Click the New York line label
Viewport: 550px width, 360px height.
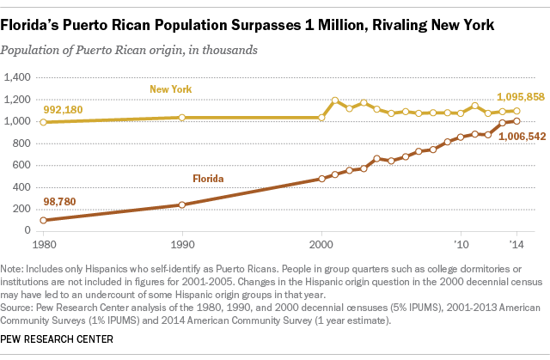click(x=169, y=89)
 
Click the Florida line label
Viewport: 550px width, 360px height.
click(x=208, y=180)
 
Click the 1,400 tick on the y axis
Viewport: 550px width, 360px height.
click(x=18, y=77)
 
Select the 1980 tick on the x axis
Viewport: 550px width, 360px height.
click(x=43, y=242)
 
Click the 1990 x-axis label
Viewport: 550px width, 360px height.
click(x=182, y=242)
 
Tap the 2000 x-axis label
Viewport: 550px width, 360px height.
click(x=321, y=242)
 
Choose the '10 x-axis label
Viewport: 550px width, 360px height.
click(x=461, y=242)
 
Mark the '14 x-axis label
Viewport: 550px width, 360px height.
click(x=516, y=242)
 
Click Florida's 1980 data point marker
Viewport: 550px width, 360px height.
click(x=43, y=220)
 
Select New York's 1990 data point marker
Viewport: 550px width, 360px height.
click(x=182, y=117)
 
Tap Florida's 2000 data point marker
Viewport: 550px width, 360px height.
click(x=321, y=179)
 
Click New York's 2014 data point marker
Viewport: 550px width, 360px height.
click(x=516, y=111)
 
